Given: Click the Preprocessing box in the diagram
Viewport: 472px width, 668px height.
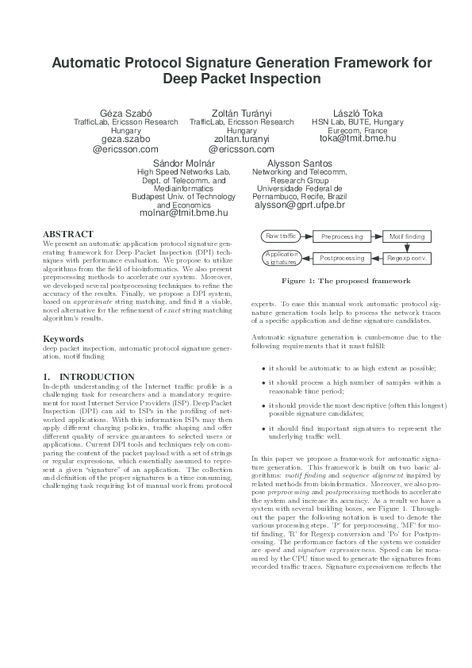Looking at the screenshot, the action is coord(341,236).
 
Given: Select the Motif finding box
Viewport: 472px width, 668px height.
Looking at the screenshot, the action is coord(407,236).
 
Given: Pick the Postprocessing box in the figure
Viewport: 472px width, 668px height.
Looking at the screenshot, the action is coord(341,258).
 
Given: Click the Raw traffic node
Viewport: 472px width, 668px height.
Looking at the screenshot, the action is coord(282,236).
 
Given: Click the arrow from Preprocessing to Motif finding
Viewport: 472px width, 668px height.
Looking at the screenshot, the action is coord(378,236).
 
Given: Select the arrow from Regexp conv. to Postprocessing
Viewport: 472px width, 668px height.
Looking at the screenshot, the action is coord(378,258).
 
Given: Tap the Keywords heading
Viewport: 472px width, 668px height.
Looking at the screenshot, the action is coord(63,339).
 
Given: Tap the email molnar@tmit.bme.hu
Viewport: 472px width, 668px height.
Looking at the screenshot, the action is coord(183,213).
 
